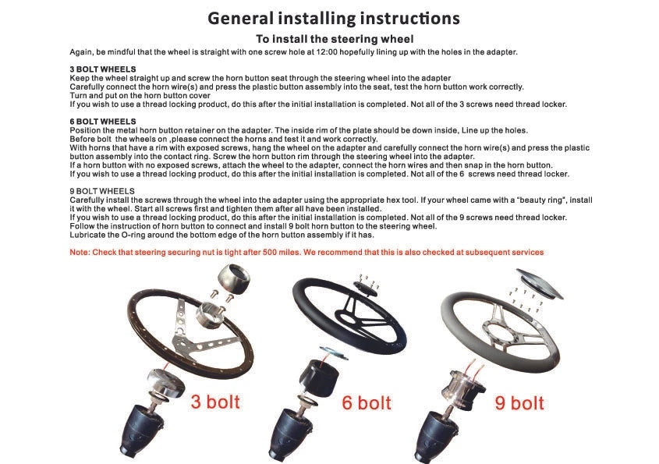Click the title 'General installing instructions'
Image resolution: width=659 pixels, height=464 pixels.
coord(334,19)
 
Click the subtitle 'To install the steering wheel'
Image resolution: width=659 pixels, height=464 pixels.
coord(335,39)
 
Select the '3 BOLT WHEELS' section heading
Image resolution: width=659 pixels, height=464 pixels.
coord(103,69)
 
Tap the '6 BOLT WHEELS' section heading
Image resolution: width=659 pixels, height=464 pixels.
coord(103,122)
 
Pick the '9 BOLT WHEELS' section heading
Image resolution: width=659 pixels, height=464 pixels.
coord(102,191)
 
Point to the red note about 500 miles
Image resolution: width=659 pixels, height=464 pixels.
coord(306,252)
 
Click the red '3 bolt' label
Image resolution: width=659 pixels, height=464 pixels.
coord(215,402)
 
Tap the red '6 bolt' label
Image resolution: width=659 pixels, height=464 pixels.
coord(367,402)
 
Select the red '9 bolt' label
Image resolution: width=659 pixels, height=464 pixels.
coord(519,402)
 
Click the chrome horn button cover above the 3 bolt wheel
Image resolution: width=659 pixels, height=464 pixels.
coord(233,278)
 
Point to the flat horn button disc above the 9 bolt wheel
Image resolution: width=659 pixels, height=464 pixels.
coord(539,284)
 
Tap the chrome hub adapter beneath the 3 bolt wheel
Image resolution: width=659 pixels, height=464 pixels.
coord(165,384)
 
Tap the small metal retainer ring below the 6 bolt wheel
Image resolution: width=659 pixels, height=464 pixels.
coord(334,352)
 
